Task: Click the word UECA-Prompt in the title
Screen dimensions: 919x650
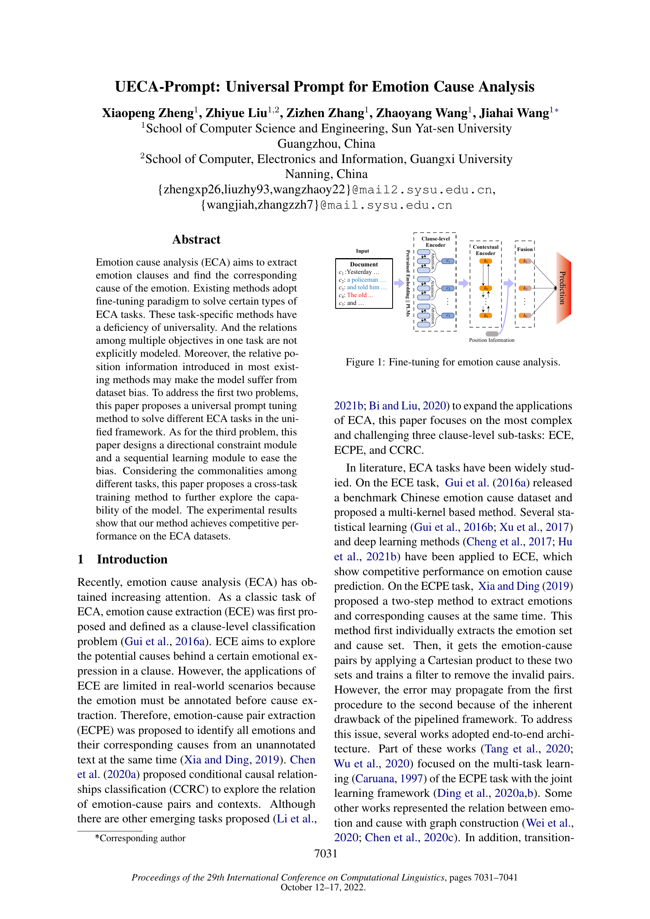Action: point(167,87)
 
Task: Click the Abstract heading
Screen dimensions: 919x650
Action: point(196,239)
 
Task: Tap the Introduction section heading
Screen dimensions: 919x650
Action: point(132,559)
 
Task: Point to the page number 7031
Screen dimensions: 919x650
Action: point(325,853)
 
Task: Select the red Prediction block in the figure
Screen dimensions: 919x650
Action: point(563,288)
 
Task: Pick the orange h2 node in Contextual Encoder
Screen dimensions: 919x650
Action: point(485,288)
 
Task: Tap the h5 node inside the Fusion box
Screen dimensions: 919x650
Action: point(525,316)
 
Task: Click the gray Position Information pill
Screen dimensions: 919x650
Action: point(492,334)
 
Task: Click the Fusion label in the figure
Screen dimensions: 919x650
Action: point(525,249)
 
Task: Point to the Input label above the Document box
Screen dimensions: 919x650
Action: point(362,251)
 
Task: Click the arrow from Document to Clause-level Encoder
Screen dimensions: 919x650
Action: point(398,283)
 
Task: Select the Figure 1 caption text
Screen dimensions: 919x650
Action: point(453,362)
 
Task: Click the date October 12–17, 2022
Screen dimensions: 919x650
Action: point(323,888)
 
